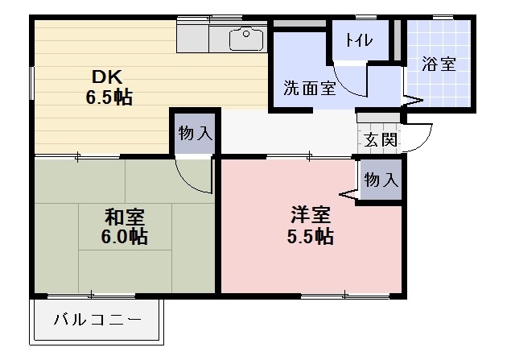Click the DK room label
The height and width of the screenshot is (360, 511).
pyautogui.click(x=108, y=77)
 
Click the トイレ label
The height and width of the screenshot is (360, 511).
pyautogui.click(x=358, y=41)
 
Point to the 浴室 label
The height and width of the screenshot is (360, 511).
pyautogui.click(x=439, y=64)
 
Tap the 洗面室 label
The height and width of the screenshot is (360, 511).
pyautogui.click(x=309, y=89)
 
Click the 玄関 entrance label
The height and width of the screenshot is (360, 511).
pyautogui.click(x=381, y=139)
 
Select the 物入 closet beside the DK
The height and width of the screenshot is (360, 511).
pyautogui.click(x=195, y=134)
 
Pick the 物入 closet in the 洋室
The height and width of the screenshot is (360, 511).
pyautogui.click(x=381, y=180)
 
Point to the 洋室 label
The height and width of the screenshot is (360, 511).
pyautogui.click(x=311, y=216)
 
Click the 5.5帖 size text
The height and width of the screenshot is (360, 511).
pyautogui.click(x=311, y=237)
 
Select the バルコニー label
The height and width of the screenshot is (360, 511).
pyautogui.click(x=97, y=320)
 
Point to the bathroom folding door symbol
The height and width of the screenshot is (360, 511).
pyautogui.click(x=412, y=100)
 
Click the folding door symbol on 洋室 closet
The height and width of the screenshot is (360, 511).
pyautogui.click(x=349, y=193)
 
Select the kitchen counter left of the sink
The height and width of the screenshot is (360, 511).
pyautogui.click(x=201, y=37)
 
